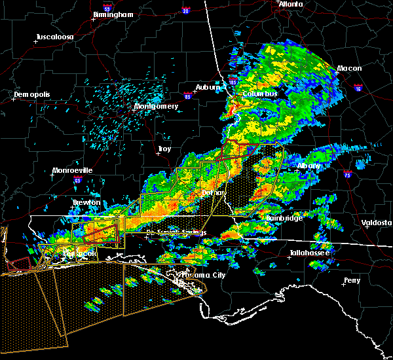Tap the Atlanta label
point(291,4)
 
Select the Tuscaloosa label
point(54,37)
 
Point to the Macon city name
point(350,68)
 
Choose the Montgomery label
point(157,106)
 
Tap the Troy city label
point(164,149)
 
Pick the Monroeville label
point(73,170)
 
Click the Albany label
point(309,166)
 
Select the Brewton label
point(86,202)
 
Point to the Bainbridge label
point(284,218)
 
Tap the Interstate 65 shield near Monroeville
point(78,181)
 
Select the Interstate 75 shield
point(348,173)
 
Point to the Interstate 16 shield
point(358,86)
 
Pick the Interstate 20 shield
point(186,11)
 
